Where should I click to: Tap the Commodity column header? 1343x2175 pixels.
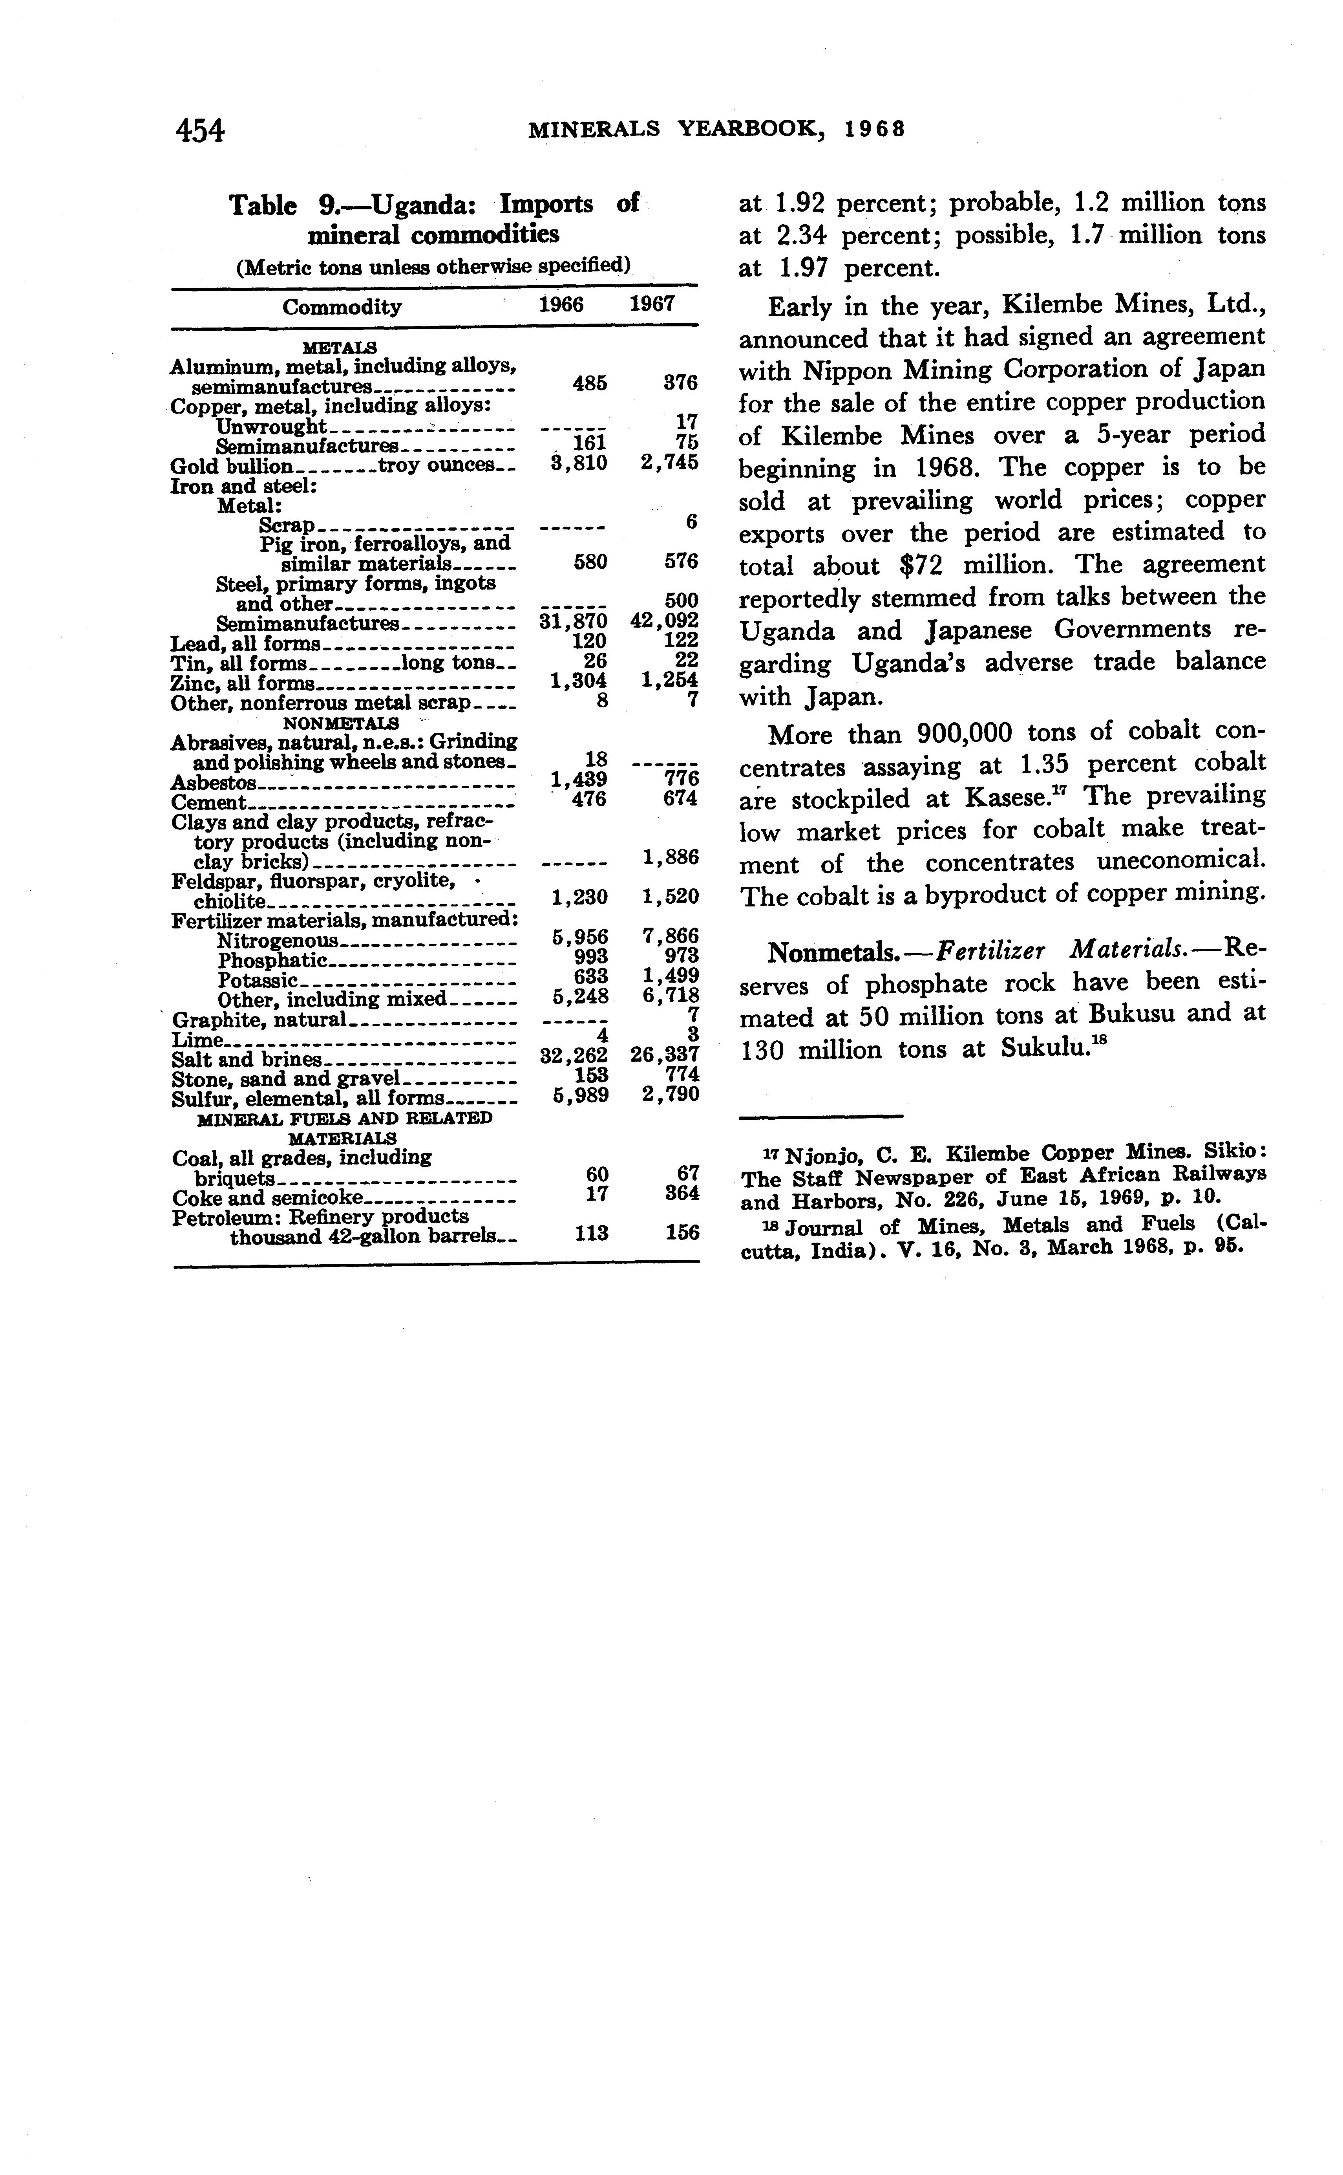coord(342,308)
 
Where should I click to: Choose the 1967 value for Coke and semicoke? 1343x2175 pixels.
coord(681,1193)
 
